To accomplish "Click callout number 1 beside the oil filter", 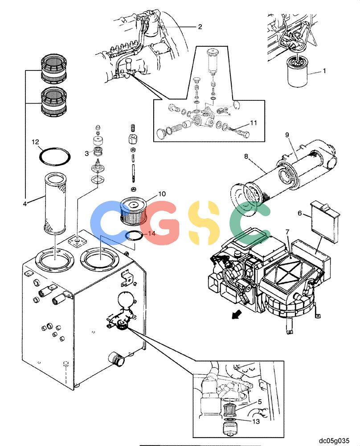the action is coord(324,71).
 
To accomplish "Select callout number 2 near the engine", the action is coord(200,27).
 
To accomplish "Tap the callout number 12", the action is coord(35,142).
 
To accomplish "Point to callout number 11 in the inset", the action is coord(254,123).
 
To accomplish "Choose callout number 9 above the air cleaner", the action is coord(287,135).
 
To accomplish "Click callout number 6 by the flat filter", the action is coord(300,213).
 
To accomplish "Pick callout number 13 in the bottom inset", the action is coord(256,421).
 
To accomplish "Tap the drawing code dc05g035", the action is coord(334,441).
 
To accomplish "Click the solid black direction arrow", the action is coord(237,314).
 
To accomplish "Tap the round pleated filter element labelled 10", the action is coord(134,212).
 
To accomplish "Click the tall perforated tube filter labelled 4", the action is coord(55,204).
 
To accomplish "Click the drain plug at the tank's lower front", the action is coord(116,359).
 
